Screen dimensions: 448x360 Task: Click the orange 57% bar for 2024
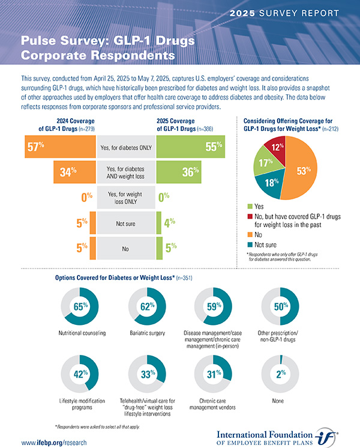coord(60,146)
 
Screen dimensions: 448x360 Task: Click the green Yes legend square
coord(249,206)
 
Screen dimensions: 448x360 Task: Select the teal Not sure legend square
coord(249,244)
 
